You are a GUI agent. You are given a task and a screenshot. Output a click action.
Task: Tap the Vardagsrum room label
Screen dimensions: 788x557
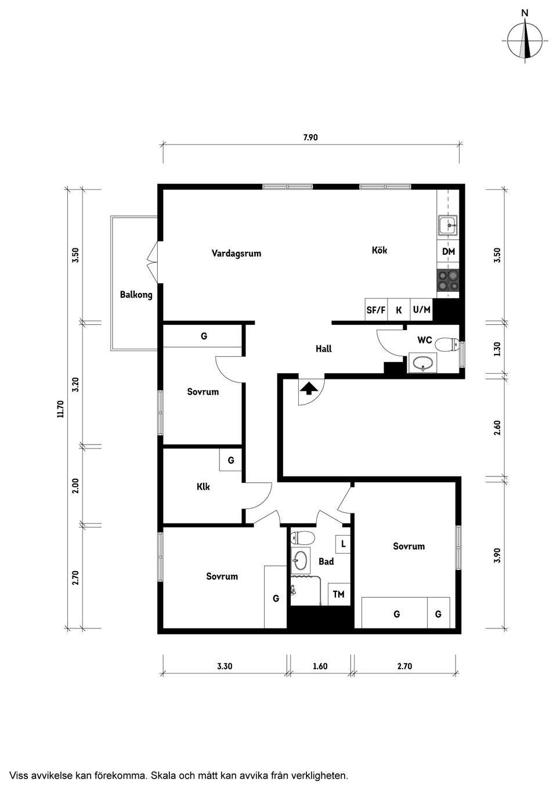tap(236, 254)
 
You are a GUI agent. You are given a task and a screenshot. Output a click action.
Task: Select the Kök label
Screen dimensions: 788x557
tap(379, 250)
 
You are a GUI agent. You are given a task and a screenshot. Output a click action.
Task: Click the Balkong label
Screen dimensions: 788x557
tap(136, 295)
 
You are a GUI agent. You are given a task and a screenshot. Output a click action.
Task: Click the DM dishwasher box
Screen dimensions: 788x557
tap(449, 252)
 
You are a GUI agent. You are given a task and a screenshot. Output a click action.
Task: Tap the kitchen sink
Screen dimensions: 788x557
tap(448, 225)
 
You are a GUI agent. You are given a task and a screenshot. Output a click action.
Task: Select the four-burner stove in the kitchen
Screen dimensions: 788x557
tap(448, 281)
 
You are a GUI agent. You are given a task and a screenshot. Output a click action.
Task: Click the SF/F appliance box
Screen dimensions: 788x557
tap(376, 310)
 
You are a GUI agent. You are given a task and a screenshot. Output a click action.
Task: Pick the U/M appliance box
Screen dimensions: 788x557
tap(422, 310)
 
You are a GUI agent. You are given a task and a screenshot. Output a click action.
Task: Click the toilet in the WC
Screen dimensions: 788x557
tap(446, 345)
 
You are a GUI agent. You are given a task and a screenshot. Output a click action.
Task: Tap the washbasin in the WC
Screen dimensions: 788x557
tap(423, 364)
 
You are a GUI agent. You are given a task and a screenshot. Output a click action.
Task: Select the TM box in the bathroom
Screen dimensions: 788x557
tap(339, 594)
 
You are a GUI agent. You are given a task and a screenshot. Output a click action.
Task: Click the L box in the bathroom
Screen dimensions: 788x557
tap(343, 544)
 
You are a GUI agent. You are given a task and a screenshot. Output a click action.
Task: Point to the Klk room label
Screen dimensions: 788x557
tap(203, 487)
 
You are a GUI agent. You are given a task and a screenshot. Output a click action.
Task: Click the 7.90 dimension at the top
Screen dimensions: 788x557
tap(310, 138)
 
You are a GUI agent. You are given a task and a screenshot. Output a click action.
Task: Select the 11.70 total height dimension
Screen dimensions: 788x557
tap(60, 410)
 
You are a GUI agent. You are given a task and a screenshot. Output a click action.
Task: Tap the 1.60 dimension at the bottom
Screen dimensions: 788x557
tap(320, 666)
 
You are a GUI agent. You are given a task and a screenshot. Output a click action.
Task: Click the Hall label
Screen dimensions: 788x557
tap(324, 349)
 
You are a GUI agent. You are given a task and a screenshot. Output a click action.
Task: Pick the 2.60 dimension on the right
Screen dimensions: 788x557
tap(497, 428)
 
